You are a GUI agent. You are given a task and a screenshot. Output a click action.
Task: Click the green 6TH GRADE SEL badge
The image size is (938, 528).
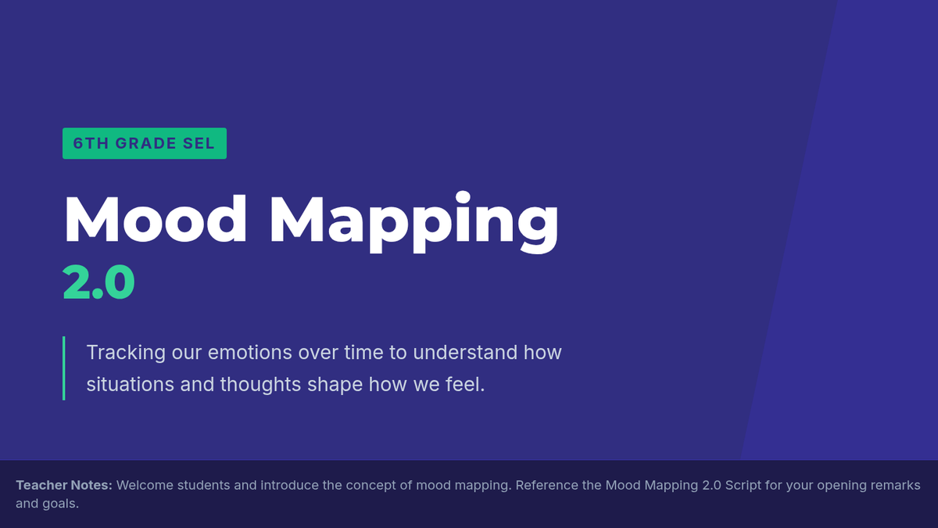click(x=145, y=143)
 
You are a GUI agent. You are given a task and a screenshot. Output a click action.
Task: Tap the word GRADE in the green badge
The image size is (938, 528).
click(x=145, y=143)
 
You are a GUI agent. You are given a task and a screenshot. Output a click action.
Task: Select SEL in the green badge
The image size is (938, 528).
click(x=199, y=143)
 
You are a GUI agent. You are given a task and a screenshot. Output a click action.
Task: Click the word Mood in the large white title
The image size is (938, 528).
click(x=156, y=220)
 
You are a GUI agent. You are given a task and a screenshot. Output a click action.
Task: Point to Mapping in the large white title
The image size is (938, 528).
click(x=414, y=222)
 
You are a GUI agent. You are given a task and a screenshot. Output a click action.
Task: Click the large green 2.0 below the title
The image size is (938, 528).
click(x=98, y=282)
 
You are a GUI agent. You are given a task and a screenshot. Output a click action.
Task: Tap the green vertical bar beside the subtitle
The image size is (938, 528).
click(x=63, y=368)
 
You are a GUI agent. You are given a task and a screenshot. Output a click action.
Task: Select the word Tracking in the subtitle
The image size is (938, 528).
click(x=126, y=353)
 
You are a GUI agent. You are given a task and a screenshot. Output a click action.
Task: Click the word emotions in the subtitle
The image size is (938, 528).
click(x=249, y=353)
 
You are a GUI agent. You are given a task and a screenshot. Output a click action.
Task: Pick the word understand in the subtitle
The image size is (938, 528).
click(x=465, y=353)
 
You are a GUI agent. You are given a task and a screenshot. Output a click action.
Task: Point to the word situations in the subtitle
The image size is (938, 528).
click(x=131, y=385)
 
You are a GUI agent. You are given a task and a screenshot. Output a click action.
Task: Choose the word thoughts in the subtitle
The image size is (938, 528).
click(x=260, y=385)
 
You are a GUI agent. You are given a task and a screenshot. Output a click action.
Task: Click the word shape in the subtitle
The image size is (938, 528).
click(x=335, y=385)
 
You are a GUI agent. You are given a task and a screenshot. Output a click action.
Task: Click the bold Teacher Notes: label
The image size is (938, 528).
click(x=64, y=485)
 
